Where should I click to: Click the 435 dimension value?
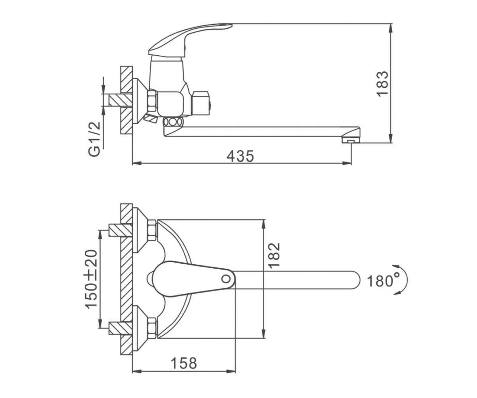(x=240, y=156)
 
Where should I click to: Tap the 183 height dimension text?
(x=382, y=84)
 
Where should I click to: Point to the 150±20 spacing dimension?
(x=91, y=279)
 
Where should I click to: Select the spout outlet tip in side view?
(x=351, y=140)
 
